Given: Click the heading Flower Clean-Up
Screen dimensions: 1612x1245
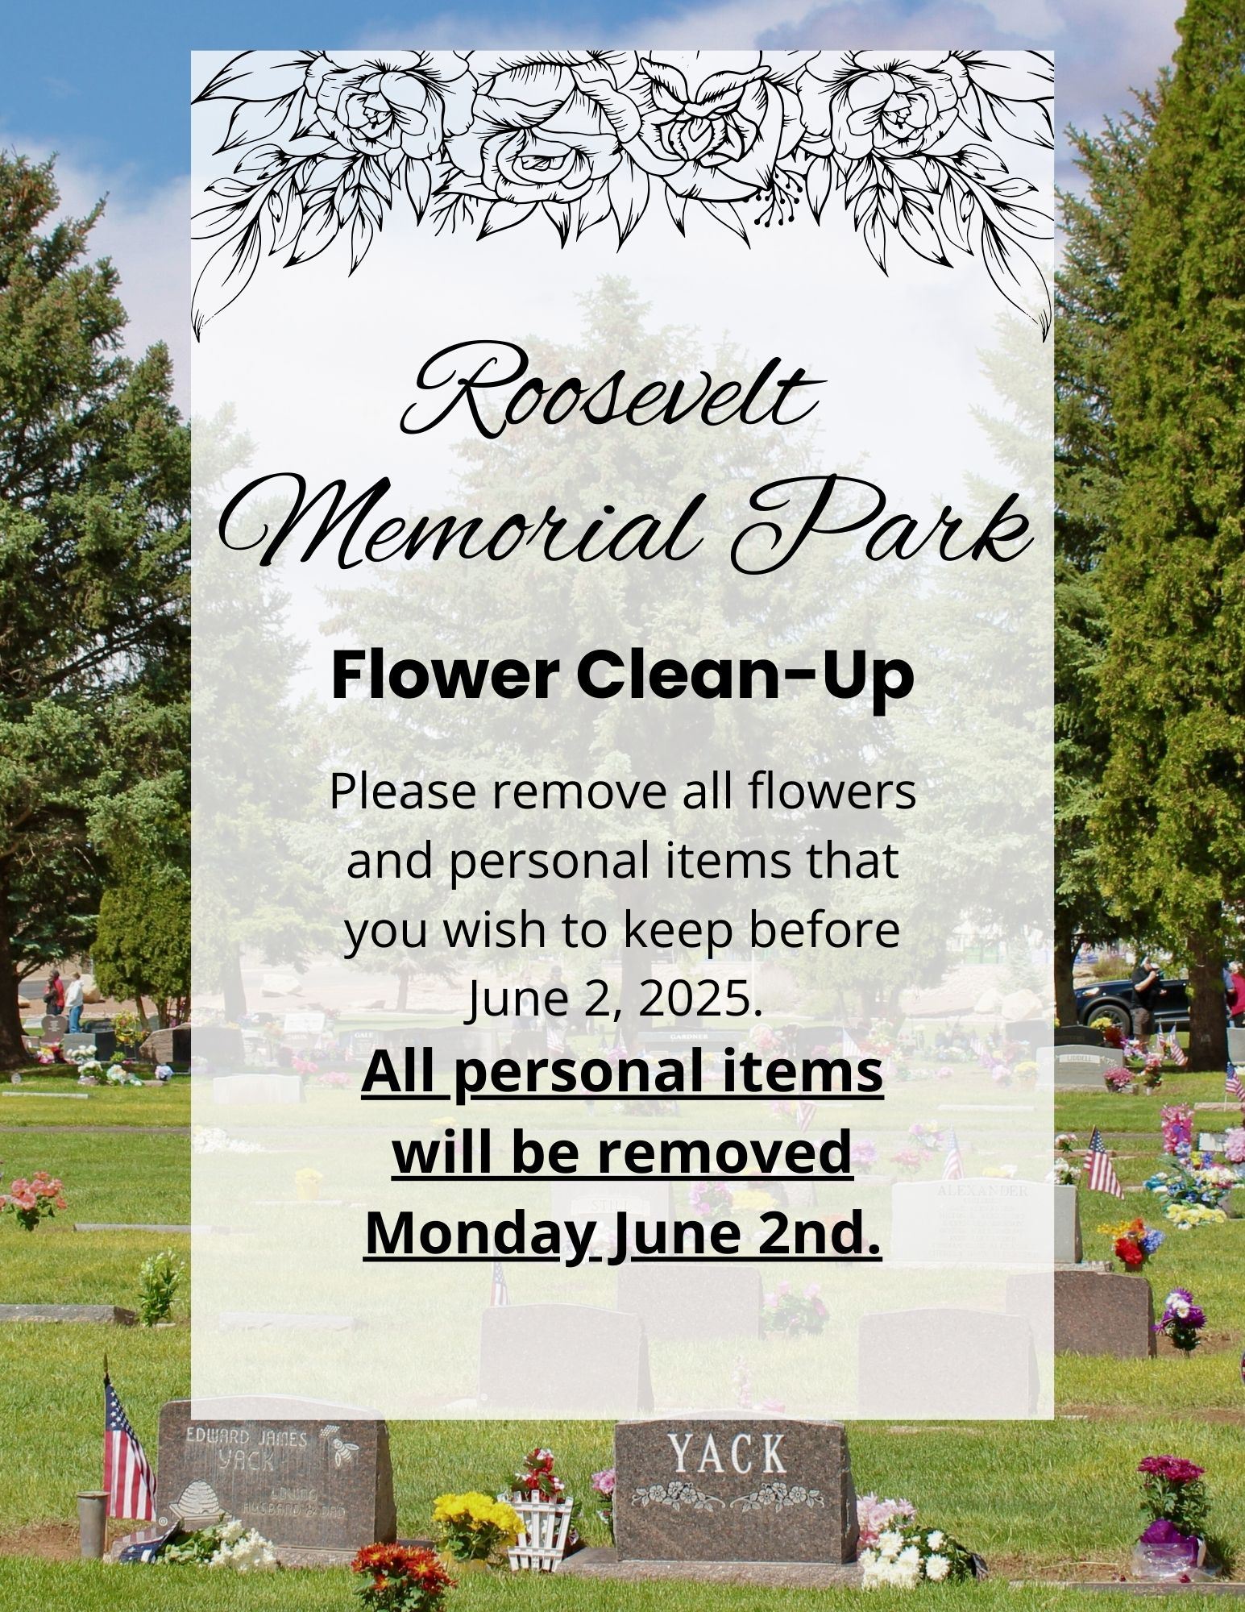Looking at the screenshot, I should tap(622, 678).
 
